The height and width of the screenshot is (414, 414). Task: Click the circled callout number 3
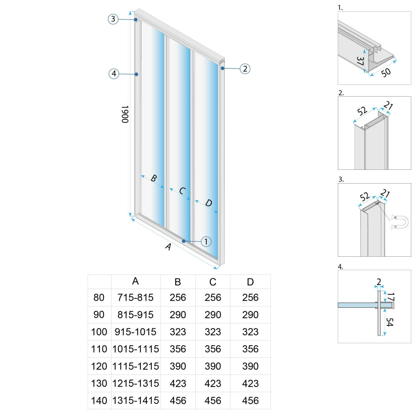pos(113,19)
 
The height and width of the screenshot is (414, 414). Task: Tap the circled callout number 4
pos(114,74)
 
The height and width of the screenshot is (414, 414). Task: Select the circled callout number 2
pos(245,69)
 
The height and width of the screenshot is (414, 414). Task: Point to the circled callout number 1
pos(206,241)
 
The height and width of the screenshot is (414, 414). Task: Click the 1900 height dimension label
pos(125,114)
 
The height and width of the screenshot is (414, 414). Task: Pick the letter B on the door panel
pos(154,178)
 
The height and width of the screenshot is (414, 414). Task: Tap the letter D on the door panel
pos(208,203)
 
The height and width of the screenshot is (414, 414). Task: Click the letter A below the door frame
pos(168,247)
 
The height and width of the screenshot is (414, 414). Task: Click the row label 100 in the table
pos(99,332)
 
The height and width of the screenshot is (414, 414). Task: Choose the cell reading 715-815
pos(135,298)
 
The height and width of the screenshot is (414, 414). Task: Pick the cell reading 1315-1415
pos(135,401)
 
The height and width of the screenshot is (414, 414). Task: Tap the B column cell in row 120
pos(177,366)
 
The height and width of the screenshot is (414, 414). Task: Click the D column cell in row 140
pos(250,401)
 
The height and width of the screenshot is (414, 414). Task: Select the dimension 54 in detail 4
pos(389,323)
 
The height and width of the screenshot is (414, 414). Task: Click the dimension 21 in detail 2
pos(388,107)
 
